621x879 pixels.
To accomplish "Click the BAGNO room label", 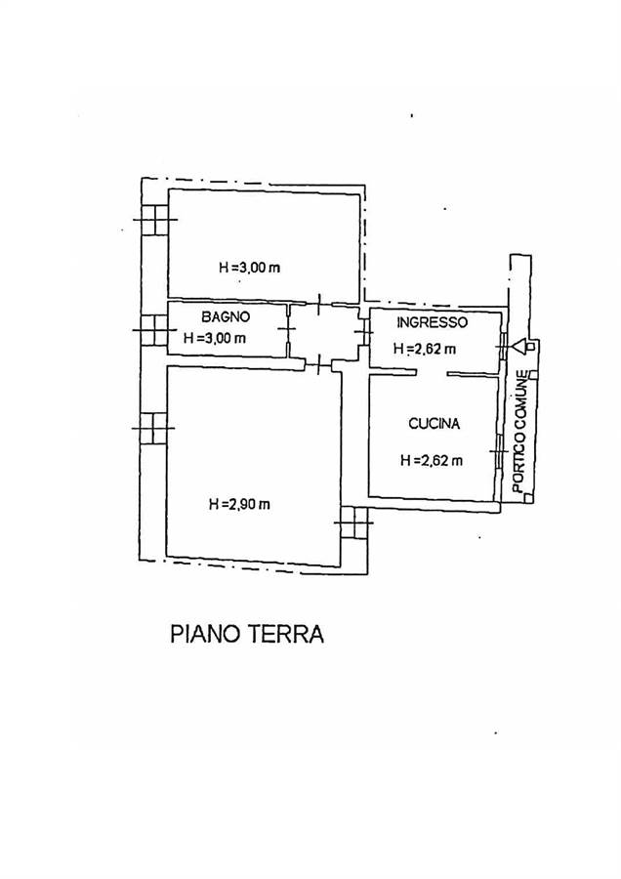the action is click(226, 316).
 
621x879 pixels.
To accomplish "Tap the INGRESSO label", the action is click(432, 323).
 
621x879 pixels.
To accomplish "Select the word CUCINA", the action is click(434, 424).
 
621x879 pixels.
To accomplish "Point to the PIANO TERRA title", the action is click(247, 634).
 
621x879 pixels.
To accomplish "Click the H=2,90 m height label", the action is click(239, 505).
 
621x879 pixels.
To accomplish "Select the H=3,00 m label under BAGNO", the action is click(215, 338).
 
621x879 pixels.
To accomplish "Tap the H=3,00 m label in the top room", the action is click(249, 268).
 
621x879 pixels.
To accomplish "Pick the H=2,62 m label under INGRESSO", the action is click(425, 349).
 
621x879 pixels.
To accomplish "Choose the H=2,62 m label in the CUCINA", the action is click(432, 461).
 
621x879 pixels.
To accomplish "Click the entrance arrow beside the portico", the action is click(520, 347).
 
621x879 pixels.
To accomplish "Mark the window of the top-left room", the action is click(154, 219).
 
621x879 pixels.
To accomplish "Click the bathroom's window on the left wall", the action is click(153, 330).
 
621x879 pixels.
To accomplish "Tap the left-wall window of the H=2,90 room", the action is click(153, 429).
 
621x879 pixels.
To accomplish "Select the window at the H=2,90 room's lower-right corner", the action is click(353, 523).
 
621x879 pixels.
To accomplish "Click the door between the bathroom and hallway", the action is click(289, 330).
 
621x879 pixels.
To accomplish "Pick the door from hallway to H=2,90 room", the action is click(318, 365).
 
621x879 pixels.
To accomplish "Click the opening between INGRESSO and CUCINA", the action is click(432, 373).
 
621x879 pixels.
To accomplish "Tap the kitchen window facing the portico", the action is click(497, 451).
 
